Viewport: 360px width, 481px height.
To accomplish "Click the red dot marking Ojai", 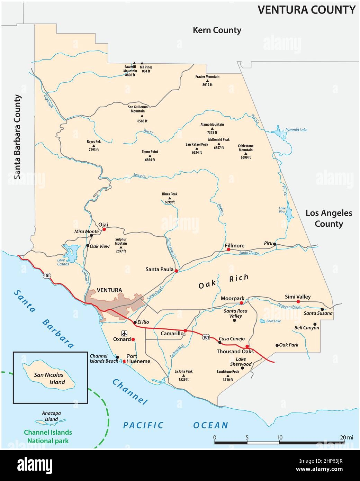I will (x=104, y=229).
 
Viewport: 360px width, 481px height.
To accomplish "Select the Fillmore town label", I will (x=235, y=245).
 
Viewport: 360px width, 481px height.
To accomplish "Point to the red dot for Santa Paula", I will (x=176, y=271).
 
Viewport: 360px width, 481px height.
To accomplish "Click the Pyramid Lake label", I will (x=296, y=130).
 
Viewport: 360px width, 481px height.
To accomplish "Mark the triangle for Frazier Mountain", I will (x=207, y=81).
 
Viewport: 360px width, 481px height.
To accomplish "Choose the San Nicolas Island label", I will (x=49, y=378).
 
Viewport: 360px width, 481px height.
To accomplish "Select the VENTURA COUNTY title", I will (x=306, y=10).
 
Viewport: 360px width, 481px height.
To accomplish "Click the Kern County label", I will (x=217, y=30).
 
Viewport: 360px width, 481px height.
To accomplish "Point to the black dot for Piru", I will (x=274, y=244).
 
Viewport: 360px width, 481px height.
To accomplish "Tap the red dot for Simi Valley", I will (x=298, y=302).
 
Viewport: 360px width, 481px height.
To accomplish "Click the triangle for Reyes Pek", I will (x=93, y=146).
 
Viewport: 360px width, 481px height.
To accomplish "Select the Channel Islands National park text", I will (x=48, y=436).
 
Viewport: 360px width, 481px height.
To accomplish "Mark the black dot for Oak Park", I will (x=277, y=345).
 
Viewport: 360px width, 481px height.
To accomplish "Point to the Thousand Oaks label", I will (x=235, y=351).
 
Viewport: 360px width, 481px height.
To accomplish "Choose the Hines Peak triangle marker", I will (x=170, y=198).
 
